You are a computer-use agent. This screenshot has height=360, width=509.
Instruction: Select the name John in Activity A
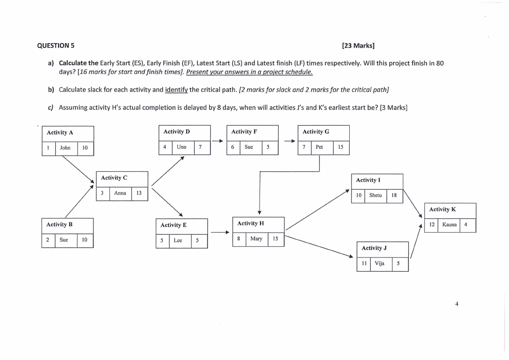click(65, 148)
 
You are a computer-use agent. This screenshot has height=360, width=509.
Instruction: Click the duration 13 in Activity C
click(139, 193)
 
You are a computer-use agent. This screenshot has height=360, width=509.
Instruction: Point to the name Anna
click(120, 193)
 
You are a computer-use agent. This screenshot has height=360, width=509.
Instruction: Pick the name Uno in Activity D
click(181, 147)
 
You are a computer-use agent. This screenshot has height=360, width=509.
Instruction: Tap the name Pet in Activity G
click(319, 147)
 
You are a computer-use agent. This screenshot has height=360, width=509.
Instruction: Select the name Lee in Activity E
click(178, 240)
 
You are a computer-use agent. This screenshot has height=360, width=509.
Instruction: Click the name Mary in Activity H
click(256, 238)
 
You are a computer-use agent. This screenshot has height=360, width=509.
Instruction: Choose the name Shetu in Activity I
click(375, 195)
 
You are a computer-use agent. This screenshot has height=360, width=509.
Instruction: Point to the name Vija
click(380, 263)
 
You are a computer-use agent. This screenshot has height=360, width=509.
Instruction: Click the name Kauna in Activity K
click(449, 224)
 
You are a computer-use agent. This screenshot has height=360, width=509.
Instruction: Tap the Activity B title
click(60, 224)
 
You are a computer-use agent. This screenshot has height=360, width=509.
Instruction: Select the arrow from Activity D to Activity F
click(218, 141)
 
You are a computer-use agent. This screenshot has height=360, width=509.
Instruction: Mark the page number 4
click(457, 304)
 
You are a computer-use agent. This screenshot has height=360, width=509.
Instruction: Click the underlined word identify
click(176, 89)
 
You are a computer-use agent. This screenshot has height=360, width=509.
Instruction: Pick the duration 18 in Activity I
click(394, 195)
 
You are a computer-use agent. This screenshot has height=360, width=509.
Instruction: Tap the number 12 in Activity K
click(432, 224)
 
